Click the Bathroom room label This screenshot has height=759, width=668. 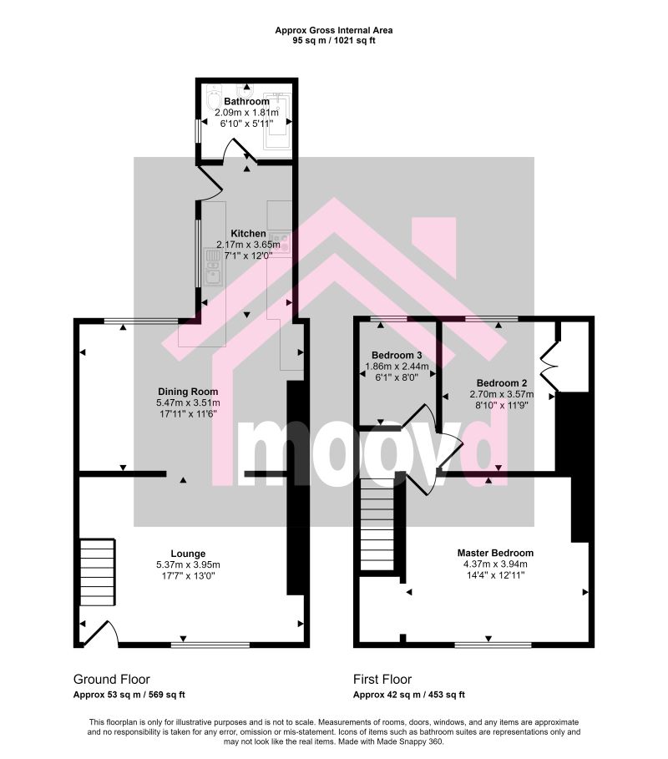(246, 101)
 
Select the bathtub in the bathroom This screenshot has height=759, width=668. (277, 122)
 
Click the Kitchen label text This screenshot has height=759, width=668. (248, 233)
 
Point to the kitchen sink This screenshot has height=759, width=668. (212, 267)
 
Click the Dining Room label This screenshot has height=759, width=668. (188, 392)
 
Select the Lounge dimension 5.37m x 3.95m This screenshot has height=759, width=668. (188, 565)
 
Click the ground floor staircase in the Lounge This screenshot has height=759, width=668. (98, 572)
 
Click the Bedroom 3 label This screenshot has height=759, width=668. (397, 356)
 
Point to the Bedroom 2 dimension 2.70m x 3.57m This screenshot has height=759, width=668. (502, 394)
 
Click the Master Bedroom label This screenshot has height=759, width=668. (495, 553)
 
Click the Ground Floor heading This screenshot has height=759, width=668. (112, 679)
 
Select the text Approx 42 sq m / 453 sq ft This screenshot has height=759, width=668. (409, 695)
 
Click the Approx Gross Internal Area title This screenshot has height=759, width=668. (334, 30)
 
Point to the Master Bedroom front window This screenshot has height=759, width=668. (493, 645)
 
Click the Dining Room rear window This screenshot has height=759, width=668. (141, 321)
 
